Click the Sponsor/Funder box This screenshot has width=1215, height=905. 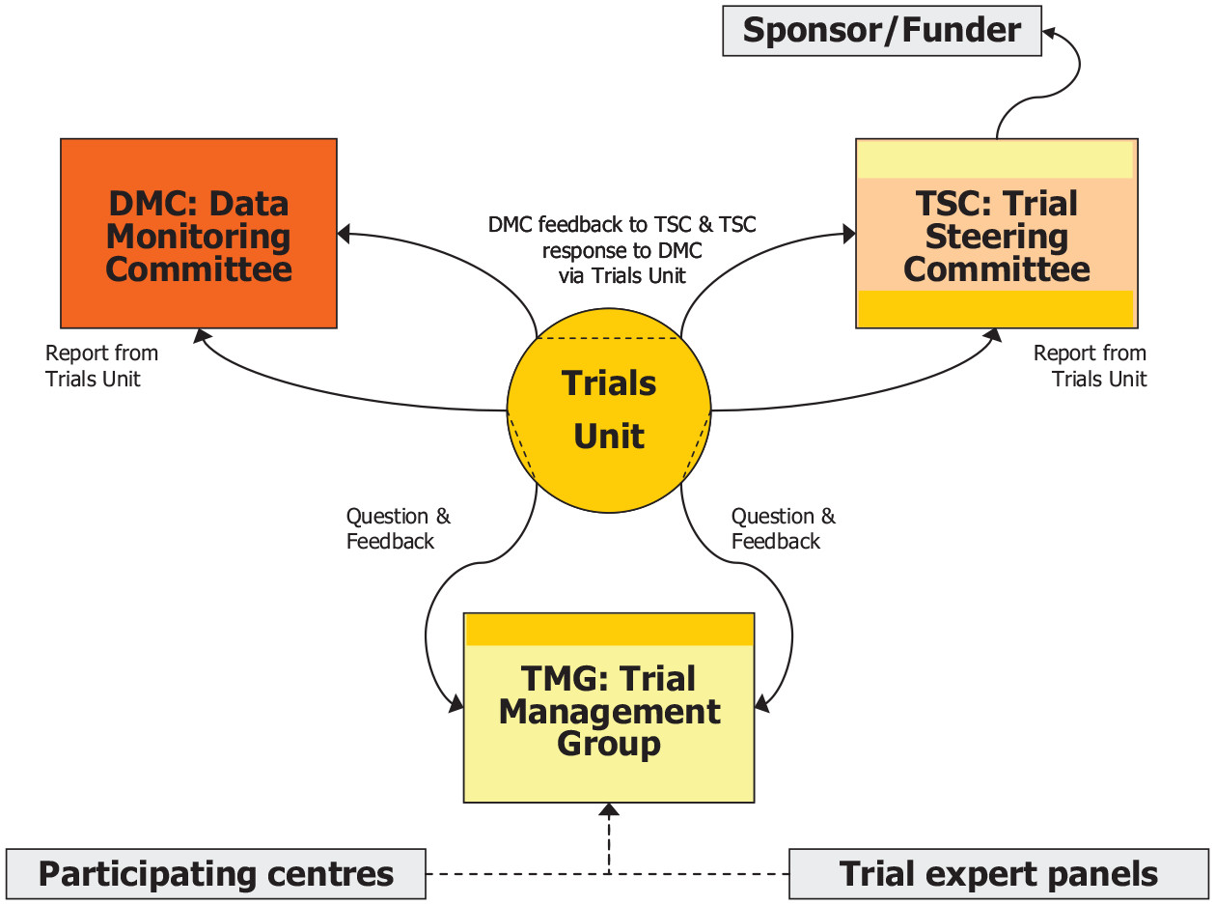tap(882, 31)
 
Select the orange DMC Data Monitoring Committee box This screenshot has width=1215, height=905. tap(199, 233)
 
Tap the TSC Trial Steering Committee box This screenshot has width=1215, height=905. tap(996, 235)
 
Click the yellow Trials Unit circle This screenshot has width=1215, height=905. tap(609, 410)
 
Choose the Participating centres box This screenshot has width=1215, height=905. tap(216, 874)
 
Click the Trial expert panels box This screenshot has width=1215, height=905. tap(998, 874)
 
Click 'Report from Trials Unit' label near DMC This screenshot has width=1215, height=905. tap(100, 366)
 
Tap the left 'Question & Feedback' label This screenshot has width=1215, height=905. tap(397, 528)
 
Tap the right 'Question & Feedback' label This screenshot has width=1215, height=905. tap(783, 528)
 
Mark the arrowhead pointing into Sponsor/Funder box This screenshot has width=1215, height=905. tap(1049, 31)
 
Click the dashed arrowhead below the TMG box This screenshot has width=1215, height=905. tap(609, 809)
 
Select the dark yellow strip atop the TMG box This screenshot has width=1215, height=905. tap(609, 630)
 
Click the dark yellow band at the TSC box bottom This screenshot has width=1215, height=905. tap(996, 308)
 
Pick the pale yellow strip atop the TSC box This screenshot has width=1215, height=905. tap(996, 159)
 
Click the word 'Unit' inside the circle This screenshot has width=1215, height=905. tap(609, 437)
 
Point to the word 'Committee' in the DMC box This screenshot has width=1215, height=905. tap(199, 269)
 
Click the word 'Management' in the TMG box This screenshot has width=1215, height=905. tap(609, 712)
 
